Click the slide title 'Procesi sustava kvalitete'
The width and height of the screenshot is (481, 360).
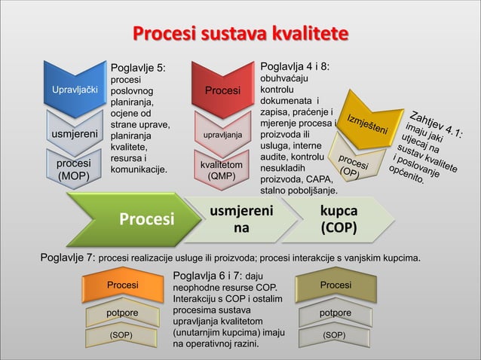(240, 34)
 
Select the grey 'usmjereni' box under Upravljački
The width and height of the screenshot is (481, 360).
(75, 134)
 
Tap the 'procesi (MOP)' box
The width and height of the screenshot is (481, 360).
(75, 169)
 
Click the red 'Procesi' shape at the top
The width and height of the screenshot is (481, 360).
(223, 90)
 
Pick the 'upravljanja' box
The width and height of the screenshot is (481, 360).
(223, 134)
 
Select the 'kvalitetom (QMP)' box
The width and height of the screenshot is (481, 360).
(223, 169)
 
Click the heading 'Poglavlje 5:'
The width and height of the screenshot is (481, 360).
(138, 68)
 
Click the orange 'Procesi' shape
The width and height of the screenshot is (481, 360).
(122, 286)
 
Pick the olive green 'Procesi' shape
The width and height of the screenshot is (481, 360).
(335, 286)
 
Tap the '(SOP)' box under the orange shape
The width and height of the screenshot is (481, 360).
(122, 334)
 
